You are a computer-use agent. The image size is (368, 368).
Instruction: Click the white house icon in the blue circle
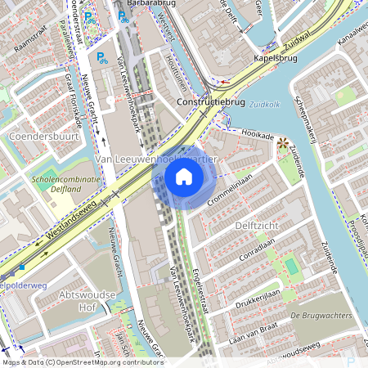[184, 177]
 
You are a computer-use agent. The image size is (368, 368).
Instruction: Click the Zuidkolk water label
[265, 105]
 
